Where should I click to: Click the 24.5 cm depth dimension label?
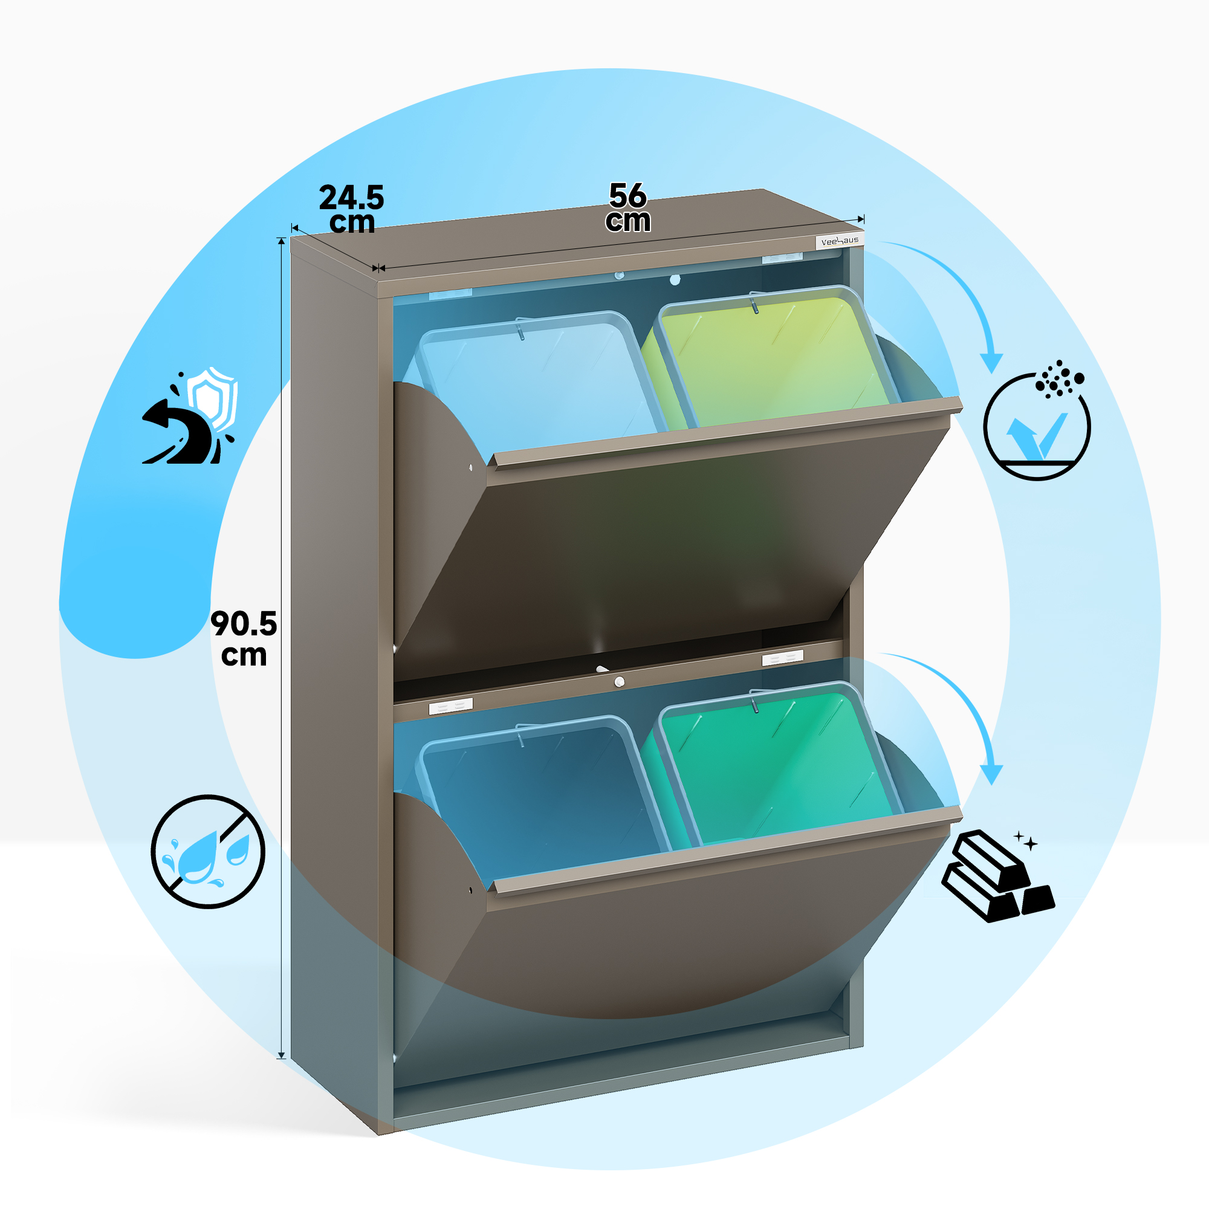(352, 209)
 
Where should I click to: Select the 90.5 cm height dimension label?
(244, 638)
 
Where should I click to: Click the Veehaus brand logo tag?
(840, 241)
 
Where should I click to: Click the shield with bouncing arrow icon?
(190, 416)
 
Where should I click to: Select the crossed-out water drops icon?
(209, 852)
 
